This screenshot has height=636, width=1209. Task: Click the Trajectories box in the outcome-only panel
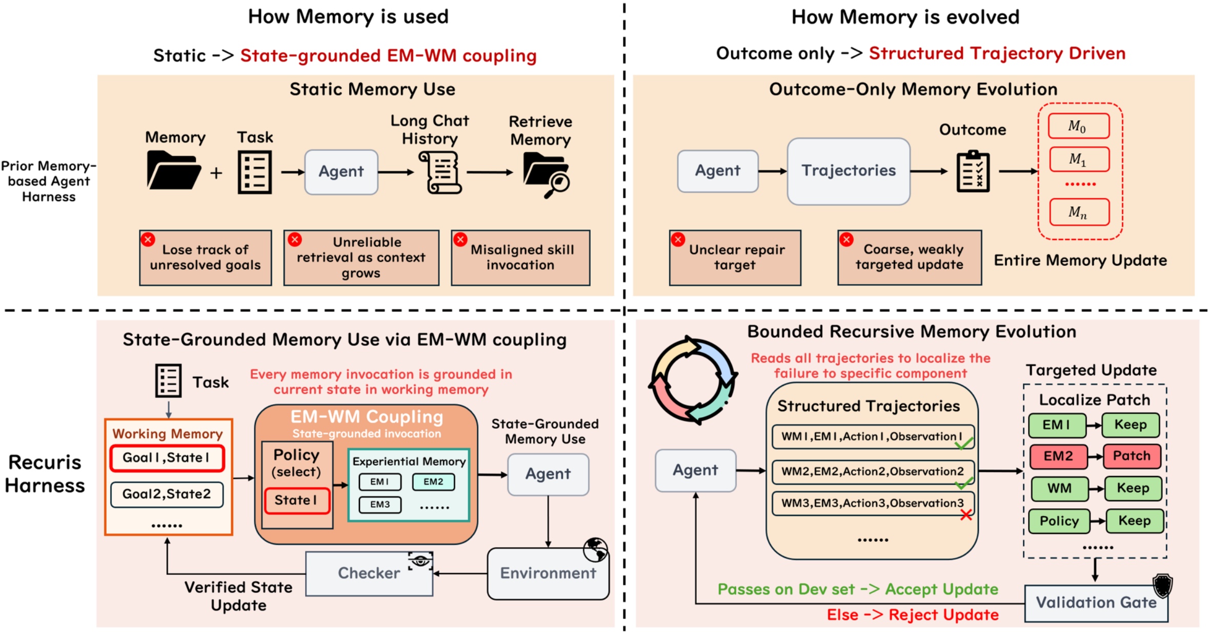pyautogui.click(x=849, y=171)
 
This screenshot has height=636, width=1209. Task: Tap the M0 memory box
pyautogui.click(x=1079, y=126)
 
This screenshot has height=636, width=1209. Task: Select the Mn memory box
pyautogui.click(x=1079, y=212)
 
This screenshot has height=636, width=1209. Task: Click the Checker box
pyautogui.click(x=369, y=573)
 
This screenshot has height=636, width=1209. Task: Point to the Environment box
pyautogui.click(x=548, y=573)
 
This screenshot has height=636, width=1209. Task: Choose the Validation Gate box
pyautogui.click(x=1096, y=603)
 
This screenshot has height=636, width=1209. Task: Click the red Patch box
pyautogui.click(x=1132, y=456)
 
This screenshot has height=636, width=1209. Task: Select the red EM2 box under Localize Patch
pyautogui.click(x=1058, y=456)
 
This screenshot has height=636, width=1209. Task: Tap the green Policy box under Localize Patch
pyautogui.click(x=1059, y=521)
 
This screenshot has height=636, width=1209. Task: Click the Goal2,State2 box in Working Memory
pyautogui.click(x=167, y=494)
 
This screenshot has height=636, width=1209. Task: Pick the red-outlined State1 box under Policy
pyautogui.click(x=296, y=501)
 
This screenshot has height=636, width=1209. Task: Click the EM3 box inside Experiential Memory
pyautogui.click(x=380, y=505)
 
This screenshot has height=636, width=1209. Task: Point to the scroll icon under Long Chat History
pyautogui.click(x=440, y=173)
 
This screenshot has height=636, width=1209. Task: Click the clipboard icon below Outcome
pyautogui.click(x=973, y=171)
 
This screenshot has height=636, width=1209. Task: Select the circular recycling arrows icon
pyautogui.click(x=693, y=380)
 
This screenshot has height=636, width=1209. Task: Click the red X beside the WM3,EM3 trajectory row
pyautogui.click(x=966, y=515)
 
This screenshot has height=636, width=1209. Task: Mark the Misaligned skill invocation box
pyautogui.click(x=520, y=257)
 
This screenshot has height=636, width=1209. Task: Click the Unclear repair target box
pyautogui.click(x=735, y=257)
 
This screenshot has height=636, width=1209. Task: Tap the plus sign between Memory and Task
pyautogui.click(x=216, y=173)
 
